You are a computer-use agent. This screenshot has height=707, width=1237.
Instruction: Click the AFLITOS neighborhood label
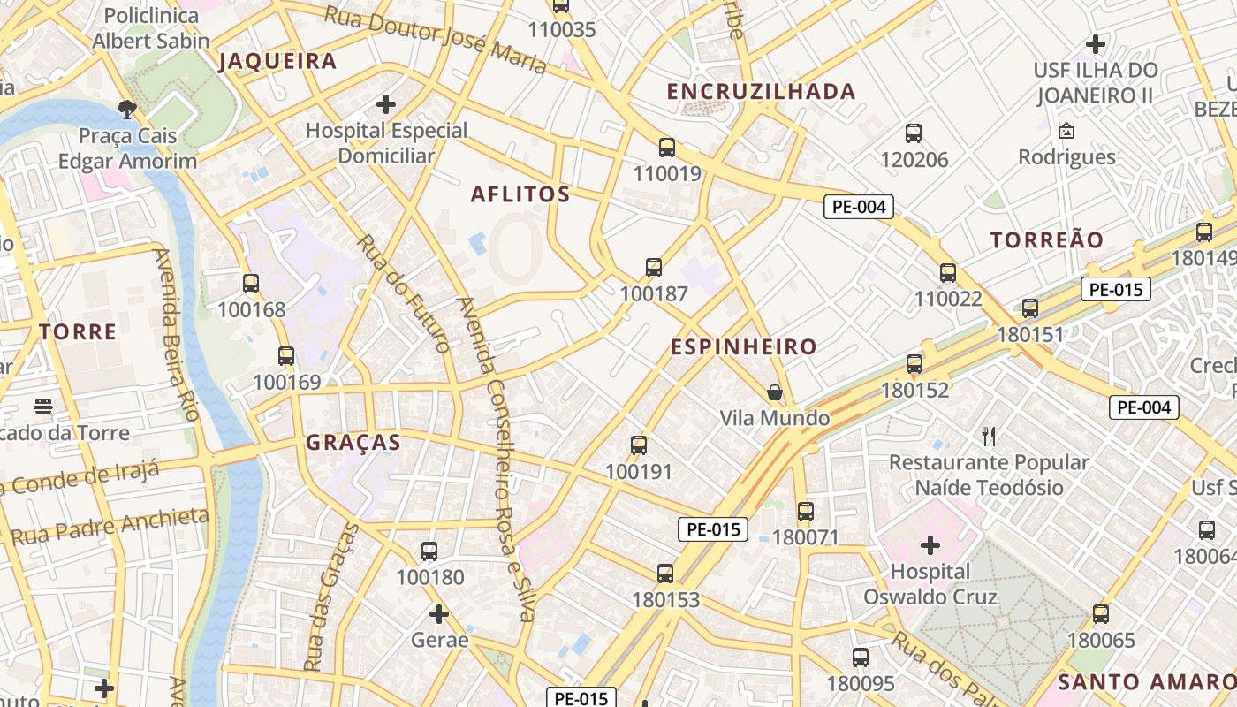pos(520,194)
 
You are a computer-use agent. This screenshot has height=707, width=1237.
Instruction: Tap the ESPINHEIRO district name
pos(743,346)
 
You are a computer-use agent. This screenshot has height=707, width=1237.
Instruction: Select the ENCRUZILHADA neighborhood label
pos(761,91)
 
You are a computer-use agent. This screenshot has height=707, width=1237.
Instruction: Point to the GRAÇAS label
pos(353,443)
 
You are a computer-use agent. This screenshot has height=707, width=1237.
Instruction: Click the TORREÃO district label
pos(1047,239)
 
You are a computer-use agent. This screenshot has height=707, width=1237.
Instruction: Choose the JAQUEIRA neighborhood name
pos(277,61)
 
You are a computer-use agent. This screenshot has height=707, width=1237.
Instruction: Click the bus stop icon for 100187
pos(654,268)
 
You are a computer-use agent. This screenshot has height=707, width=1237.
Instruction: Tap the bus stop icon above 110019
pos(667,148)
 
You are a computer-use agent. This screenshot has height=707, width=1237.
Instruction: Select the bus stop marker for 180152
pos(914,364)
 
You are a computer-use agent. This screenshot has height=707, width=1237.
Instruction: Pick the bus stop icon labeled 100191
pos(639,445)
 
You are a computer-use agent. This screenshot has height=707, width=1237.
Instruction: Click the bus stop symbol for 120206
pos(914,133)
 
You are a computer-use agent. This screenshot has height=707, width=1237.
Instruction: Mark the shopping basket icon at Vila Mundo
pos(775,392)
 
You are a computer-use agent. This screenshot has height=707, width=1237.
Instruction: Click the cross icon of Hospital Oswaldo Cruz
pos(930,544)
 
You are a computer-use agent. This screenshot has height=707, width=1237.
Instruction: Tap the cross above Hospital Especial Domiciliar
pos(386,104)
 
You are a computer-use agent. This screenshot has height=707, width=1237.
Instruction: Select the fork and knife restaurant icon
pos(989,436)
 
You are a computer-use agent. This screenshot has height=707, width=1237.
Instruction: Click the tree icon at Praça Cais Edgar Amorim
pos(127,110)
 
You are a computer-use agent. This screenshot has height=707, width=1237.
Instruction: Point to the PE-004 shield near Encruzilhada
pos(859,207)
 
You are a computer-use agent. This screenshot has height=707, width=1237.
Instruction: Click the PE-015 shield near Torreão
pos(1115,289)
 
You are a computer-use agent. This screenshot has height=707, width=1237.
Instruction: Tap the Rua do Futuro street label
pos(403,293)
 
